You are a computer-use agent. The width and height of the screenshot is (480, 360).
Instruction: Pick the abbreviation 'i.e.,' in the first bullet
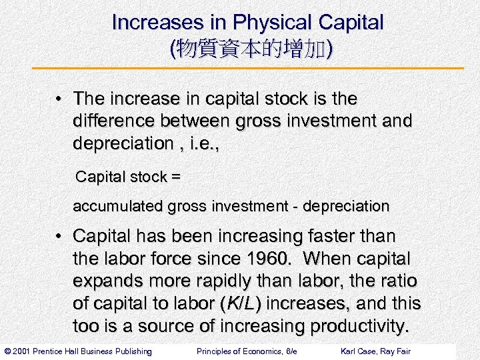pyautogui.click(x=197, y=143)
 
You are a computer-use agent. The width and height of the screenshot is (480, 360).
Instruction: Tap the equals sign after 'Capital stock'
pyautogui.click(x=175, y=177)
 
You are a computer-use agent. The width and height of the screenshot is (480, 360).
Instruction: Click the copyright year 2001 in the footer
pyautogui.click(x=24, y=351)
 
